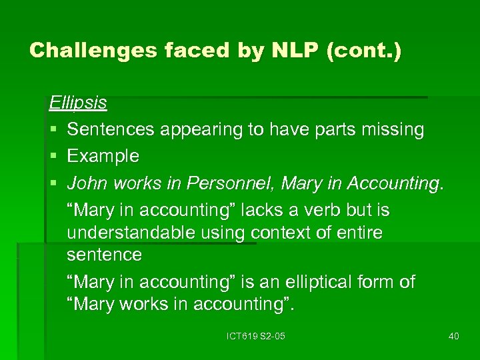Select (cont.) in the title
coord(363,51)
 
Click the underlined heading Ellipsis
coord(78,103)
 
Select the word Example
coord(103,156)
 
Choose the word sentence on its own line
coord(104,255)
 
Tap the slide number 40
coord(454,336)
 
